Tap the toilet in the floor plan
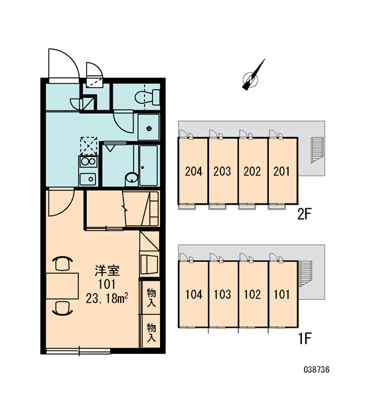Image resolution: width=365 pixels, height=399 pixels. (x=147, y=97)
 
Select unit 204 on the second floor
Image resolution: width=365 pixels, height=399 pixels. (x=193, y=171)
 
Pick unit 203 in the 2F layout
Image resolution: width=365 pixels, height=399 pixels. (x=223, y=171)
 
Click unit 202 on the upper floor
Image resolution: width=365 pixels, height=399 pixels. (x=253, y=171)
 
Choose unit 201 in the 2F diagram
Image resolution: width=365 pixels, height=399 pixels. (x=283, y=171)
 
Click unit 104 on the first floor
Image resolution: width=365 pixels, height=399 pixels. (x=194, y=294)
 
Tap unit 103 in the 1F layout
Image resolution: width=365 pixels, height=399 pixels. (x=223, y=294)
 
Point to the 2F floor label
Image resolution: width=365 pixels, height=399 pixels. (x=304, y=214)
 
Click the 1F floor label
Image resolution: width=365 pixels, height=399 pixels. (x=305, y=338)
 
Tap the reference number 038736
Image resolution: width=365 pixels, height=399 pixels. (x=317, y=369)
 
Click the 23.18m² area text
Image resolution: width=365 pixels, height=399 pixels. (x=107, y=299)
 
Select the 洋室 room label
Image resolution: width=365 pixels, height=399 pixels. (x=108, y=271)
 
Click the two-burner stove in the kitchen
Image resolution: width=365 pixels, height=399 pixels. (x=88, y=162)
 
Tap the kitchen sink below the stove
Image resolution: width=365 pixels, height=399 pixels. (x=88, y=179)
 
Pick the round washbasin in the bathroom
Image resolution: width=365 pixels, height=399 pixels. (x=131, y=178)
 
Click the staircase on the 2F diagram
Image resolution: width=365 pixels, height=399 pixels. (x=317, y=150)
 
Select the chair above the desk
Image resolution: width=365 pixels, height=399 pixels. (x=62, y=263)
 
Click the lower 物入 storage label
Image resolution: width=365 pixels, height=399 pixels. (x=151, y=333)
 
